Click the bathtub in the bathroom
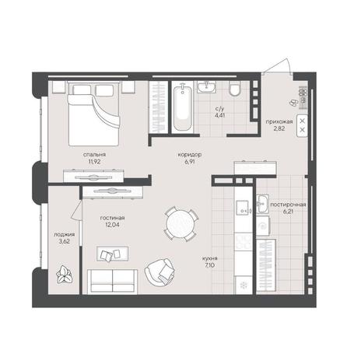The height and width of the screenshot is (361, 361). (x=183, y=108)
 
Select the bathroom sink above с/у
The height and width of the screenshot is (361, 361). (x=206, y=86)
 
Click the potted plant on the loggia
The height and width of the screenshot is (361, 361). (x=64, y=275)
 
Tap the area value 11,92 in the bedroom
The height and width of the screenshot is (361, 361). (x=94, y=162)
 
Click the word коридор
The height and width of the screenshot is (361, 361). (x=190, y=155)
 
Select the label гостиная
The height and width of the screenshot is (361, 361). (x=112, y=218)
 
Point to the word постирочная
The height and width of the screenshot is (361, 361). (x=288, y=205)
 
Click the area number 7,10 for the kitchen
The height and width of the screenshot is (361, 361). (x=210, y=265)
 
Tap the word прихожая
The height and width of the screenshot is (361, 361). (x=279, y=121)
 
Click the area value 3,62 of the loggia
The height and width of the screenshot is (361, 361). (x=64, y=241)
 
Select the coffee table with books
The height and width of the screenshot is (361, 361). (x=112, y=254)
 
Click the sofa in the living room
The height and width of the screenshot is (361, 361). (x=112, y=282)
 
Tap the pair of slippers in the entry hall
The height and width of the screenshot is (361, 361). (x=293, y=103)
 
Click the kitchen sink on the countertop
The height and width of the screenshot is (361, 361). (x=243, y=208)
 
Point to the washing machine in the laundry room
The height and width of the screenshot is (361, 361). (x=263, y=226)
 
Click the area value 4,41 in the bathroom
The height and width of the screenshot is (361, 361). (x=219, y=115)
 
